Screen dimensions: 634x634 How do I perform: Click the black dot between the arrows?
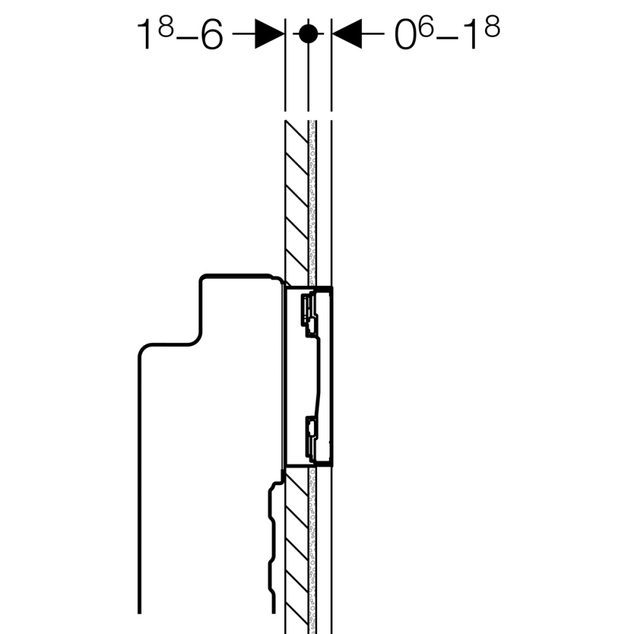307,34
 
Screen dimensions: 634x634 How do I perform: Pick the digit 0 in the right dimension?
406,36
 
